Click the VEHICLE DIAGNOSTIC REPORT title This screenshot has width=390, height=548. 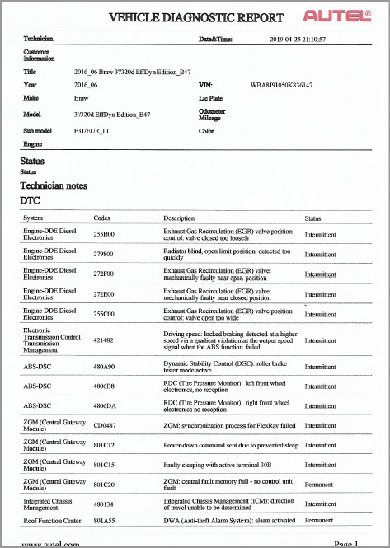pyautogui.click(x=196, y=17)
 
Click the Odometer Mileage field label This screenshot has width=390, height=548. pyautogui.click(x=214, y=115)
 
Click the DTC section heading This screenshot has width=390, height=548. pyautogui.click(x=30, y=200)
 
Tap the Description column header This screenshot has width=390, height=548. pyautogui.click(x=179, y=218)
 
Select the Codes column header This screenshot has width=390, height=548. pyautogui.click(x=102, y=218)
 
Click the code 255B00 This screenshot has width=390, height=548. pyautogui.click(x=105, y=234)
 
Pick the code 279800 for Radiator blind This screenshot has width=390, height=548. pyautogui.click(x=105, y=255)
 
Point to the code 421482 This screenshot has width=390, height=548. pyautogui.click(x=105, y=340)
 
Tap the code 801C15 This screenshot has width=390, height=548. pyautogui.click(x=105, y=465)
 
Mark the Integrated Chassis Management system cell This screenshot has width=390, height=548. pyautogui.click(x=51, y=504)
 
